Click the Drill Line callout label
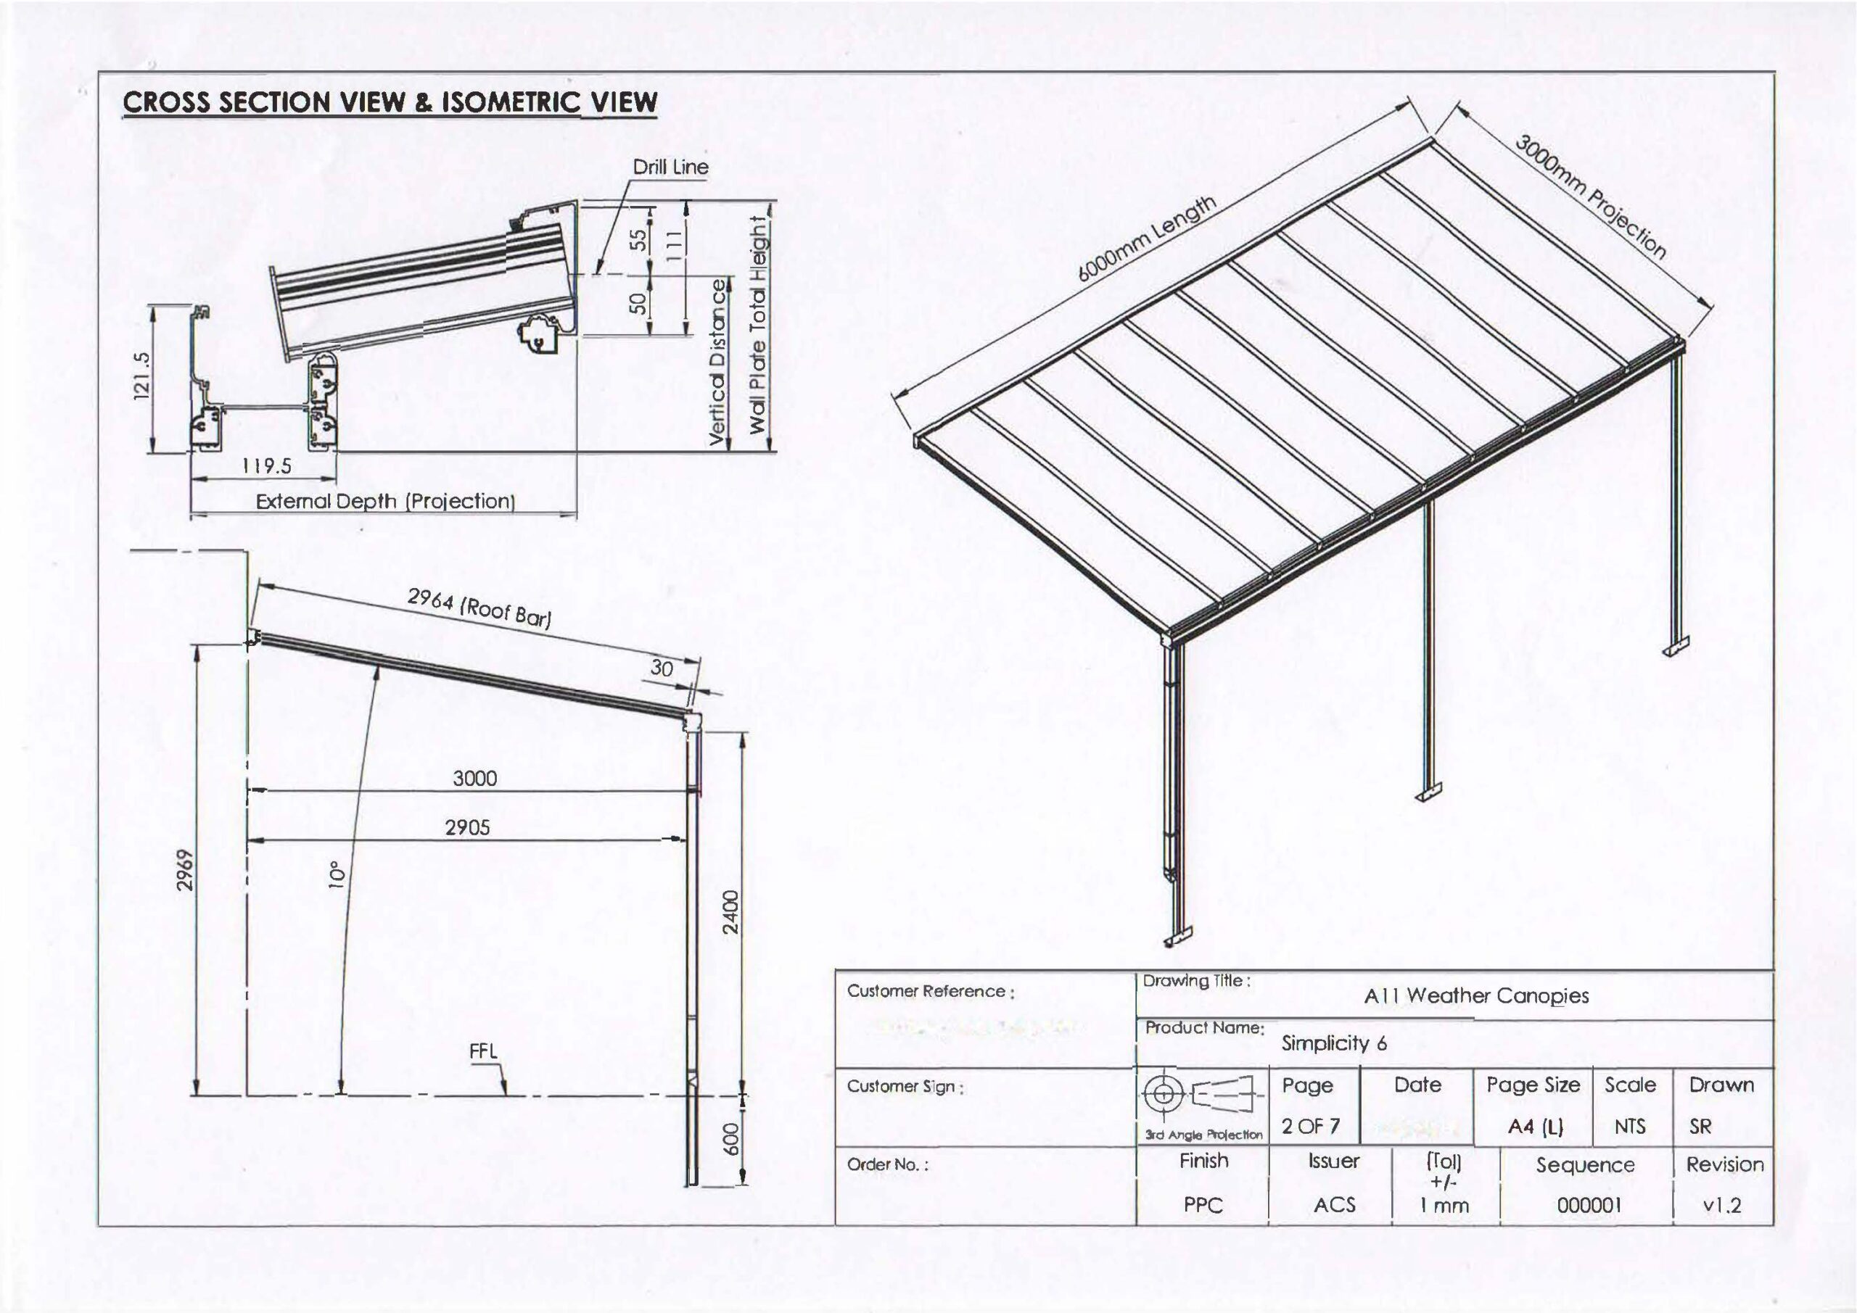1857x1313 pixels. point(670,167)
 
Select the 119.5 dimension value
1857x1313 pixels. point(267,466)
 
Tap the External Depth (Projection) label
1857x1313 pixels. point(385,501)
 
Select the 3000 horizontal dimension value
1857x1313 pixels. point(474,779)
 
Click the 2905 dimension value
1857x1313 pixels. point(467,828)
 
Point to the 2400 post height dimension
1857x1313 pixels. point(730,912)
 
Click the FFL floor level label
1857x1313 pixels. point(484,1052)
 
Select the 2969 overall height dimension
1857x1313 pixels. point(185,870)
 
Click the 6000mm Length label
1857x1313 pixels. point(1146,239)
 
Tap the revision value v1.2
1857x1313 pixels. point(1722,1206)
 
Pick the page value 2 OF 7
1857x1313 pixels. point(1310,1125)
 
